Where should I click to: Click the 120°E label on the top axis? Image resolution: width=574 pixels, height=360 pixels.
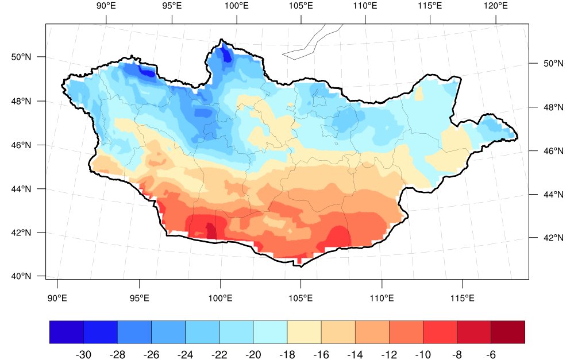[496, 6]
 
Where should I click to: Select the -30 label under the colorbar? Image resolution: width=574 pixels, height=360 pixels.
[84, 354]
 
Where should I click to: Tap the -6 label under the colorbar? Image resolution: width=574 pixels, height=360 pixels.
[491, 354]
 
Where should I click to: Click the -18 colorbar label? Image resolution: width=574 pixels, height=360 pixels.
[287, 354]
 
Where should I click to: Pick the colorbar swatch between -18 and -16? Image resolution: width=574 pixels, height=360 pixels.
[304, 332]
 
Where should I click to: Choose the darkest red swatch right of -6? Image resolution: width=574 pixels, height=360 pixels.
[508, 332]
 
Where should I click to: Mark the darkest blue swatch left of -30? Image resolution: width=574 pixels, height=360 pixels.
[67, 332]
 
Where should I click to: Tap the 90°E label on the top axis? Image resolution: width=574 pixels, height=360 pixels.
[106, 6]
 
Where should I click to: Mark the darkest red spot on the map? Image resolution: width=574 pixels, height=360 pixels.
[211, 231]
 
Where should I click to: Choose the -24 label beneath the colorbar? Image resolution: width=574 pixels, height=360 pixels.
[186, 354]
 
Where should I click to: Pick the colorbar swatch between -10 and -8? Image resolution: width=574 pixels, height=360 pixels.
[440, 332]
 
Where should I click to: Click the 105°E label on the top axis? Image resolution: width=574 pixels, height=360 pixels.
[301, 6]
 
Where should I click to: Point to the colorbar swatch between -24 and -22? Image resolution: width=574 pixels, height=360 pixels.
[202, 332]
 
